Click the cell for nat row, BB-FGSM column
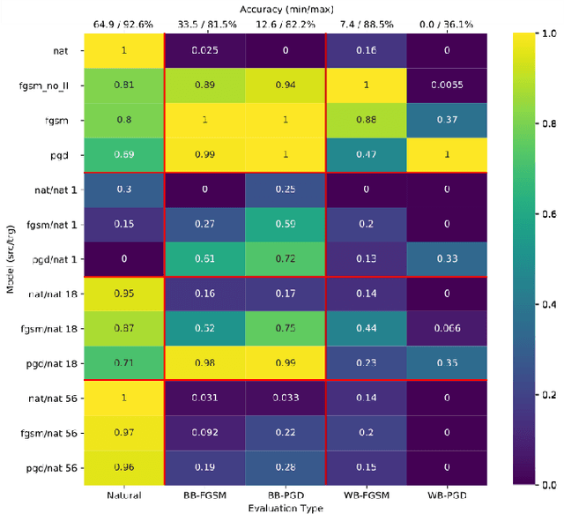point(204,50)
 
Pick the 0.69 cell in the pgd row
point(124,155)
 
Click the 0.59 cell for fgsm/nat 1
point(286,225)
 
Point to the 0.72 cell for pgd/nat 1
point(286,259)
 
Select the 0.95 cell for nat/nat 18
point(124,294)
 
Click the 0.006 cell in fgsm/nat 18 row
point(447,328)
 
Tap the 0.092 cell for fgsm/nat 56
point(204,432)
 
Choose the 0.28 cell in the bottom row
point(286,466)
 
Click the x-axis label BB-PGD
point(286,496)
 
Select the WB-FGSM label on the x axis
point(366,496)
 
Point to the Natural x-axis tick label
point(124,496)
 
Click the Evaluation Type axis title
point(286,508)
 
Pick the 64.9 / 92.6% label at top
point(124,24)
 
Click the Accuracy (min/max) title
point(286,7)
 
